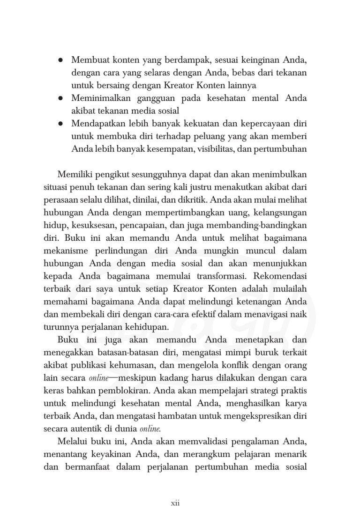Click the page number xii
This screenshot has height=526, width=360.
(x=175, y=504)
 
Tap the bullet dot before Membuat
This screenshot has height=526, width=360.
(x=60, y=61)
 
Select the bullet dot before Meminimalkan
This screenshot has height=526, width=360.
(x=60, y=98)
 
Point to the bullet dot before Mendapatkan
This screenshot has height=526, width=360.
(x=60, y=124)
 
